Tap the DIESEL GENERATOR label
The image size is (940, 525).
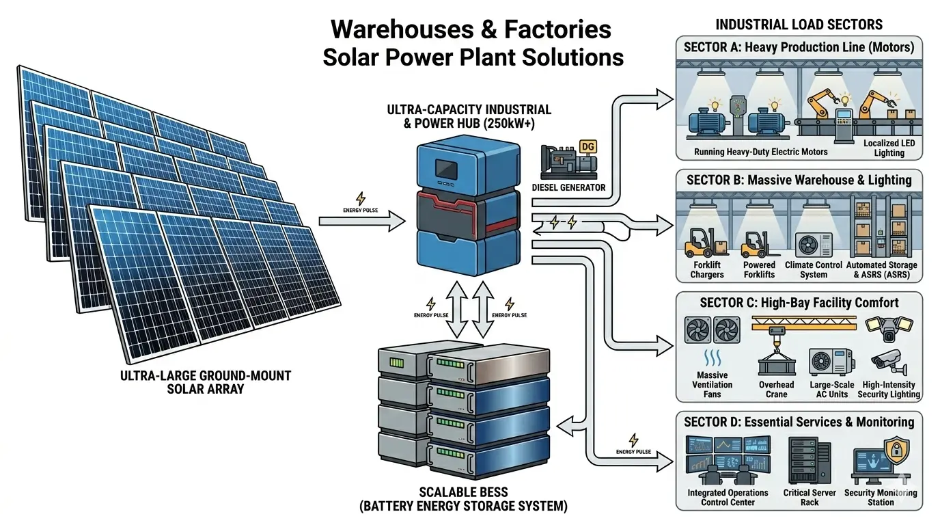coord(568,187)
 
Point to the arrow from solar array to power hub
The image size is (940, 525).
coord(362,221)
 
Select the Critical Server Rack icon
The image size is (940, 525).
coord(810,461)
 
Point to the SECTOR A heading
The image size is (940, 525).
coord(799,47)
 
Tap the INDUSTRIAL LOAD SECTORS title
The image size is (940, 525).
coord(799,25)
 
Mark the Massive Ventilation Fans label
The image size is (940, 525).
coord(713,384)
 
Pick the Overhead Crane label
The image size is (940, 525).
coord(777,389)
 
